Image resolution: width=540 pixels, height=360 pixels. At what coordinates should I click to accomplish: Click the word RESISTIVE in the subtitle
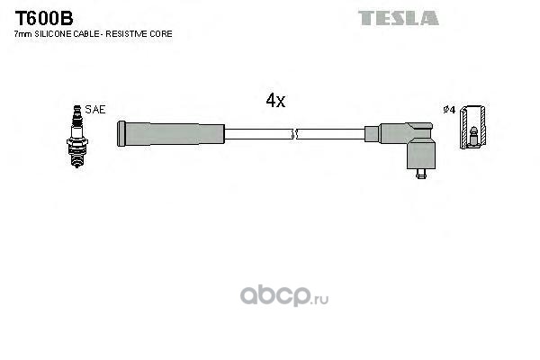coord(129,33)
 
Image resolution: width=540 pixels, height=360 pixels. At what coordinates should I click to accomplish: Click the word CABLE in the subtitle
coord(87,33)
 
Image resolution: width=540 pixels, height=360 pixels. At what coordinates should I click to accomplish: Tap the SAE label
coord(96,109)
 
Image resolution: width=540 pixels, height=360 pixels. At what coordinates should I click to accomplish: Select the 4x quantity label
coord(275,101)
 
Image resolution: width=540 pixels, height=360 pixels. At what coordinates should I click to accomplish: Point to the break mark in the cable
coord(293,135)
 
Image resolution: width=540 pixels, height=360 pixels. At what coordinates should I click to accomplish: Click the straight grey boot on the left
coord(171,135)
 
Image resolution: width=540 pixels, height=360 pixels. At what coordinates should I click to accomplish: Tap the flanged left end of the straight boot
coord(121,135)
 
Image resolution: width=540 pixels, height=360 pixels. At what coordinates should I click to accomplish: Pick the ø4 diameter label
coord(450,110)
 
